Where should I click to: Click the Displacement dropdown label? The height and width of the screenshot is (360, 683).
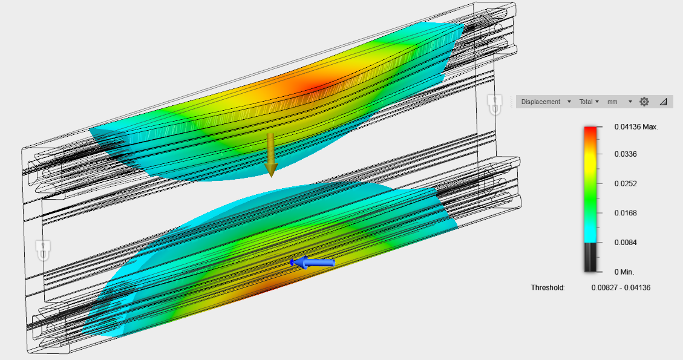tap(541, 102)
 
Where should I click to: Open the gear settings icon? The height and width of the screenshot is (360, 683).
tap(644, 102)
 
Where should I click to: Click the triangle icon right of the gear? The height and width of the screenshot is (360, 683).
tap(663, 102)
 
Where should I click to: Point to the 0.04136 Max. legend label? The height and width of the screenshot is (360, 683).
tap(636, 127)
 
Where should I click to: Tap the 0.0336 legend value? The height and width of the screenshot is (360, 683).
tap(626, 154)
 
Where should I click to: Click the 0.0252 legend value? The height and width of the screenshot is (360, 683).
tap(626, 183)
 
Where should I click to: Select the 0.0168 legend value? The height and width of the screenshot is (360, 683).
tap(626, 213)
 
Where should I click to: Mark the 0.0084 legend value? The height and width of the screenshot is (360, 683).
tap(626, 243)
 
